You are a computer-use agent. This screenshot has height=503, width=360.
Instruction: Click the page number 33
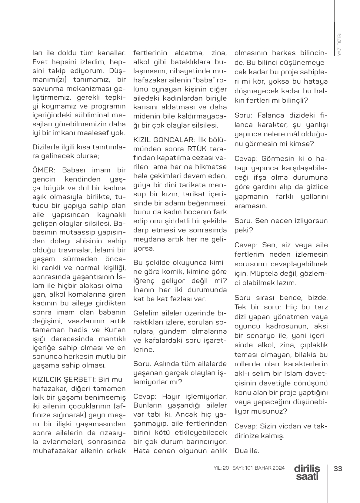click(x=338, y=468)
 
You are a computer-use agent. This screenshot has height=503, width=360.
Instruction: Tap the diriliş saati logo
click(x=307, y=473)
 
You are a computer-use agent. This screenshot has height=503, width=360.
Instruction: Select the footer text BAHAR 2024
click(x=270, y=468)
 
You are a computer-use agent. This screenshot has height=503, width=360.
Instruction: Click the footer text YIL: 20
click(x=221, y=468)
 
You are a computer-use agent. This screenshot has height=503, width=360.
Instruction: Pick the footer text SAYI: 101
click(x=242, y=468)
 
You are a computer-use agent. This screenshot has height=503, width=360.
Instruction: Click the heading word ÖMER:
click(x=42, y=170)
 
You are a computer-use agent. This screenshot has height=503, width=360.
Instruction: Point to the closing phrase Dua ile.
click(x=247, y=451)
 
